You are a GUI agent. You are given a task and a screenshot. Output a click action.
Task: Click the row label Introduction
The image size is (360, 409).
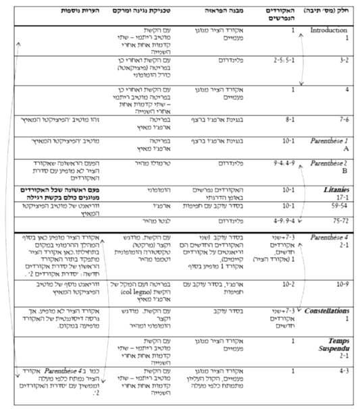coord(329,31)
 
